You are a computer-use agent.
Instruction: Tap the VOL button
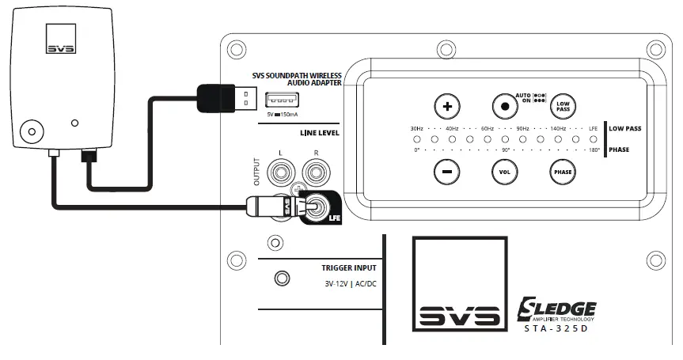tap(504, 171)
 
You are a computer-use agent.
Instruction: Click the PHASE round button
tap(563, 171)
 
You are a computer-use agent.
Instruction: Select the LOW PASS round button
tap(563, 104)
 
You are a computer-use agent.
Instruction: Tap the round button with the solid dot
tap(504, 104)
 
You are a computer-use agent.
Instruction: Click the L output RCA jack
tap(279, 170)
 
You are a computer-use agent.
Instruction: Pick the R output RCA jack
tap(316, 170)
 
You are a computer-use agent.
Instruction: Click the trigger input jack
tap(280, 278)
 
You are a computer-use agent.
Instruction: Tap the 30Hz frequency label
tap(417, 128)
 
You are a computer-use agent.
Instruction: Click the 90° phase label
tap(506, 150)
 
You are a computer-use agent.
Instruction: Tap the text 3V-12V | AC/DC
tap(349, 283)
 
